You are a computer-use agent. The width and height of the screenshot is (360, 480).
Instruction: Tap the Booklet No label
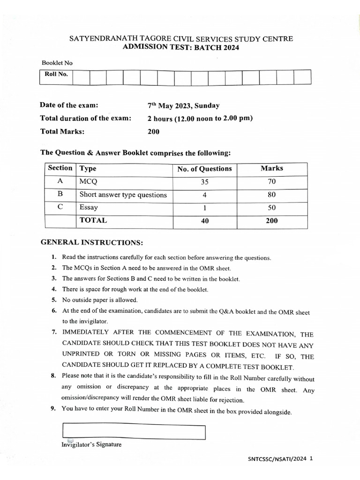(x=57, y=63)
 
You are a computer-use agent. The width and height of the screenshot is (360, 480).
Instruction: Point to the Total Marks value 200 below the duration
(x=153, y=132)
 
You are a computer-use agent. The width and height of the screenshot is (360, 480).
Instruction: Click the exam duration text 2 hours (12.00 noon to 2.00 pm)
(x=200, y=118)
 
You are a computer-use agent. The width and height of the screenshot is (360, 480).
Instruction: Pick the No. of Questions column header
(x=204, y=169)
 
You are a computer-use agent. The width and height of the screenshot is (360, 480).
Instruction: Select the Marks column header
(x=272, y=168)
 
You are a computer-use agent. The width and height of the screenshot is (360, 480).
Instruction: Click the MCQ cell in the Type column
(x=89, y=181)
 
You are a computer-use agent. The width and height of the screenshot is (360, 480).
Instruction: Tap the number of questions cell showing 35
(x=204, y=182)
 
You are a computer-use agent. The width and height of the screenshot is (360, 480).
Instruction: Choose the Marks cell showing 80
(x=272, y=195)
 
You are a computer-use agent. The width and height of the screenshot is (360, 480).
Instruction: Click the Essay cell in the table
(x=89, y=207)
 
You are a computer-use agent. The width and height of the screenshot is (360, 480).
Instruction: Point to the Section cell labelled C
(x=60, y=207)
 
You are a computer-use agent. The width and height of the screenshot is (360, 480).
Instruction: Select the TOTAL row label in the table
(x=93, y=220)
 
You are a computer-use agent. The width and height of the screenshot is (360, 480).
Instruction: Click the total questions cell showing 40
(x=204, y=221)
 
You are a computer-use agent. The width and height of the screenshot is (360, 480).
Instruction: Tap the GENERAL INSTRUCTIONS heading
(x=91, y=243)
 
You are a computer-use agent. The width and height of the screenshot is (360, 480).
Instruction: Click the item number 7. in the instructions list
(x=54, y=332)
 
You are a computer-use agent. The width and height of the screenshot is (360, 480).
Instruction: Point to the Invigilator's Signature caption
(x=91, y=444)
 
